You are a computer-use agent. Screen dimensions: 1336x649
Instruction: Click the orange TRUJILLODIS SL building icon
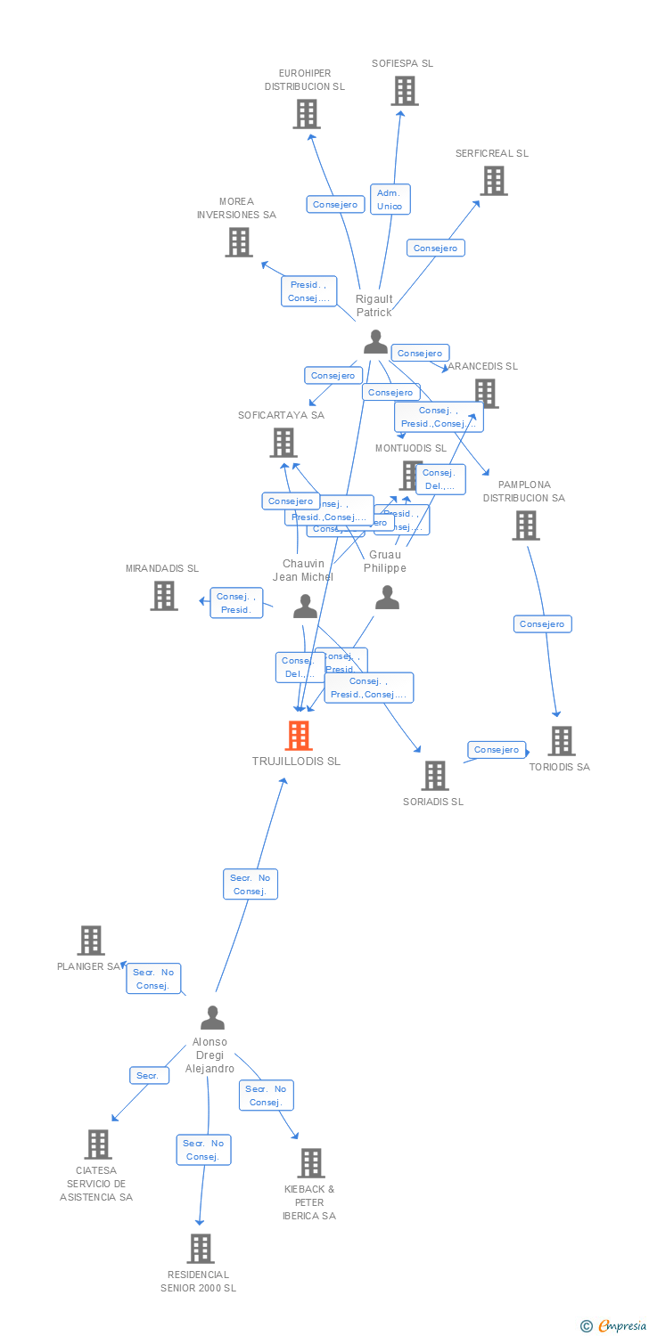pyautogui.click(x=299, y=736)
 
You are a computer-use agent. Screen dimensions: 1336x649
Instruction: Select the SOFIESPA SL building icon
pyautogui.click(x=404, y=91)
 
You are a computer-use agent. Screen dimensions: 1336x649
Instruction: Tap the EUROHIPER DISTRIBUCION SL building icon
pyautogui.click(x=307, y=114)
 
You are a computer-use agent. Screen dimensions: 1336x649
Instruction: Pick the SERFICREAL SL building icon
pyautogui.click(x=493, y=181)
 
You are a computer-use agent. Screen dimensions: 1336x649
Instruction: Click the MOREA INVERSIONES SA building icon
pyautogui.click(x=238, y=242)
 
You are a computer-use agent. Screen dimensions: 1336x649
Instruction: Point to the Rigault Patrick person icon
pyautogui.click(x=376, y=342)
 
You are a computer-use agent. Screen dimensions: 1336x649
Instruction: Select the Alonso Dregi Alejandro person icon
pyautogui.click(x=212, y=1017)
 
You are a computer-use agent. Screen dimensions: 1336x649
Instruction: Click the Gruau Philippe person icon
pyautogui.click(x=387, y=598)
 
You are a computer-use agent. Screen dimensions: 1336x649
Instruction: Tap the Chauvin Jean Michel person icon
pyautogui.click(x=305, y=607)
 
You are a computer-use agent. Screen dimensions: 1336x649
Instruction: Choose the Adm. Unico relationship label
pyautogui.click(x=390, y=200)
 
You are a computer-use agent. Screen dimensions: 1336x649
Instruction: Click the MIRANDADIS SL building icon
pyautogui.click(x=164, y=596)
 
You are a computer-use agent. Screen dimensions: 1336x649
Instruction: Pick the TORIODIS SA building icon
pyautogui.click(x=561, y=741)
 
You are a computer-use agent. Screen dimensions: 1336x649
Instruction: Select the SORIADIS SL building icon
pyautogui.click(x=434, y=776)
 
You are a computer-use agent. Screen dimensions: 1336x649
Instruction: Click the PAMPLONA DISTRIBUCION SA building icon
pyautogui.click(x=525, y=525)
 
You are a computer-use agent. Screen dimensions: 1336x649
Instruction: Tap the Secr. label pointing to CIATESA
pyautogui.click(x=148, y=1076)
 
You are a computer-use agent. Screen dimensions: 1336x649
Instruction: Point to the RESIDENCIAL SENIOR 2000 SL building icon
pyautogui.click(x=201, y=1249)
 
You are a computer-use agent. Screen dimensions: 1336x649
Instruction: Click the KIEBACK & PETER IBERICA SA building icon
pyautogui.click(x=310, y=1163)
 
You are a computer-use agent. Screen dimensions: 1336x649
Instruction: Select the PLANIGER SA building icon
pyautogui.click(x=90, y=941)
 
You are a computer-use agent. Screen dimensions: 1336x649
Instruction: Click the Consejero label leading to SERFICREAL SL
pyautogui.click(x=436, y=248)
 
